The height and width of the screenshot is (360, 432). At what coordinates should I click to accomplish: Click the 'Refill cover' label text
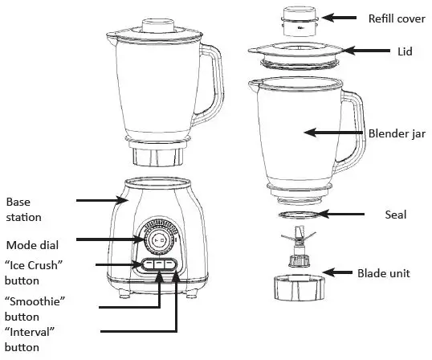coord(397,18)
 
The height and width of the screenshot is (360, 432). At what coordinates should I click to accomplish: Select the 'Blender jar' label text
coord(396,134)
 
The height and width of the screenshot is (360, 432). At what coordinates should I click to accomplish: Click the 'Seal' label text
coord(396,215)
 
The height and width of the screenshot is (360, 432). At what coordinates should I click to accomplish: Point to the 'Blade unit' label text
coord(383,273)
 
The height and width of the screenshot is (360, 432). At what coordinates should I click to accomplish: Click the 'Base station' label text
coord(23,209)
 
